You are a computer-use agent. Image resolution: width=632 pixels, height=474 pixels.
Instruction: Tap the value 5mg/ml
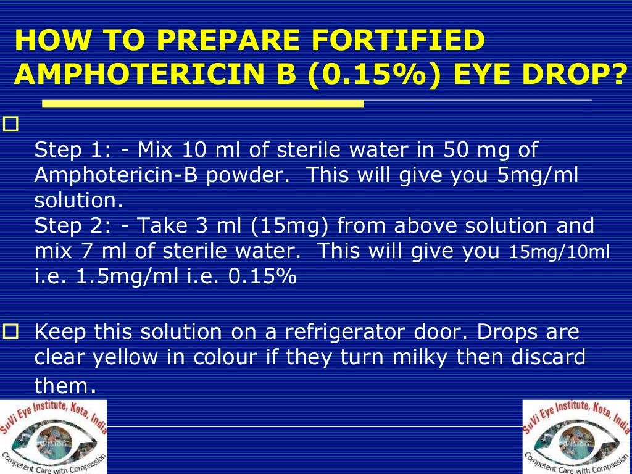pyautogui.click(x=538, y=175)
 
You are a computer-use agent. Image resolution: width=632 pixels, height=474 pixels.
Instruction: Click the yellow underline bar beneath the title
pyautogui.click(x=189, y=104)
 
